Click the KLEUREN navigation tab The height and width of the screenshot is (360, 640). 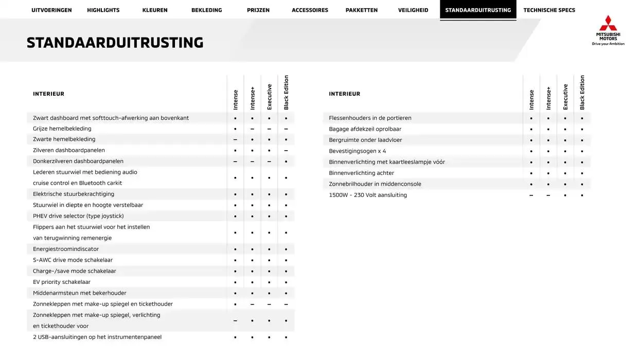click(155, 10)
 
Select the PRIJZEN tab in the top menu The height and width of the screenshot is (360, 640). click(258, 10)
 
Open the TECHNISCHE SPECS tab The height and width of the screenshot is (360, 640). click(549, 10)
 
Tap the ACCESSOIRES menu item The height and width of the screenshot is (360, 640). click(310, 10)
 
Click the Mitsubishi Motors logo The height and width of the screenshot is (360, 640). click(608, 30)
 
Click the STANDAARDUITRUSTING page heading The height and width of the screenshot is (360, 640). click(115, 43)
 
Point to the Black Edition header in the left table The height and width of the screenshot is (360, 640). click(286, 93)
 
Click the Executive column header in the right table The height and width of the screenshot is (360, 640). click(565, 97)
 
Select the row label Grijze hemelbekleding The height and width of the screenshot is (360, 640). click(62, 129)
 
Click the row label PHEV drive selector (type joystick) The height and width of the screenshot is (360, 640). click(78, 216)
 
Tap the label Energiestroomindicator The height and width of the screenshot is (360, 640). click(66, 249)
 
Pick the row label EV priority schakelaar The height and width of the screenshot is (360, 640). click(62, 282)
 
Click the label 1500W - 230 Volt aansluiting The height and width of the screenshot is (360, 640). click(368, 195)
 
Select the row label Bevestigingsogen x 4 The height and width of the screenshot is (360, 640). click(358, 151)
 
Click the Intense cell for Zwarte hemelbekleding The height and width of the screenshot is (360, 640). click(235, 140)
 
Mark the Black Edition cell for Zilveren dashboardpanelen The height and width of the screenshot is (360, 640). click(286, 151)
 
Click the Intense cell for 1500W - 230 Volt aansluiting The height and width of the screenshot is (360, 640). click(531, 195)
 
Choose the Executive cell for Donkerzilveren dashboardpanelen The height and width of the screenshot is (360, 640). click(269, 161)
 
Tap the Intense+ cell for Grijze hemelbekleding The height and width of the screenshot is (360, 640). click(252, 129)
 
